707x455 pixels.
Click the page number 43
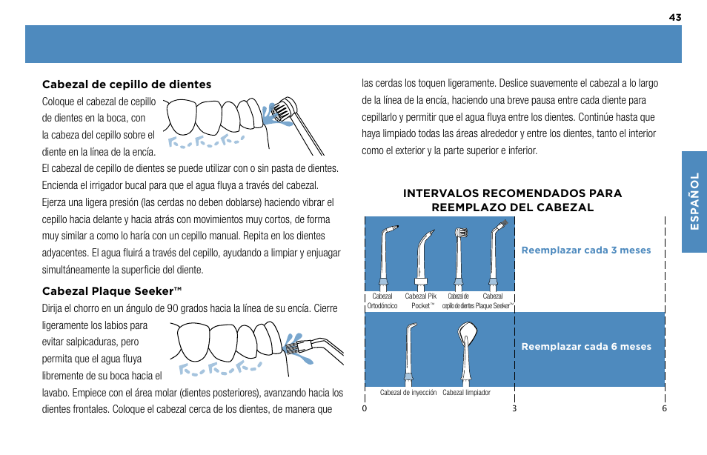(x=674, y=17)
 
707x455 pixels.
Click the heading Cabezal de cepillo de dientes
(x=127, y=84)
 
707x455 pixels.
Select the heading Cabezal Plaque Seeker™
(x=112, y=290)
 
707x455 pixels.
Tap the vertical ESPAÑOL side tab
(x=694, y=202)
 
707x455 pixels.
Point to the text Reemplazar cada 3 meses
(x=585, y=250)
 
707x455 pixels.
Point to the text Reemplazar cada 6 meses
(x=585, y=347)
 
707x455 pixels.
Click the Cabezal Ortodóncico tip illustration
(x=382, y=256)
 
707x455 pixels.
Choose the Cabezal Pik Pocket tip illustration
(x=421, y=256)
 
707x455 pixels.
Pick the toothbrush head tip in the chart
(x=459, y=256)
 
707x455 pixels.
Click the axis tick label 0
(x=365, y=409)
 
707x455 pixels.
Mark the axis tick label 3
(x=514, y=409)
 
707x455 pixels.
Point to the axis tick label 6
(x=665, y=409)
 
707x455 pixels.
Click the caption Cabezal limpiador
(x=466, y=393)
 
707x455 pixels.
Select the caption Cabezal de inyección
(x=408, y=393)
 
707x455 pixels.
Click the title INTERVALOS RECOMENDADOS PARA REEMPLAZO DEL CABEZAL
(x=512, y=200)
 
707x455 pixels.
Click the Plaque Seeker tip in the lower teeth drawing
(x=294, y=345)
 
